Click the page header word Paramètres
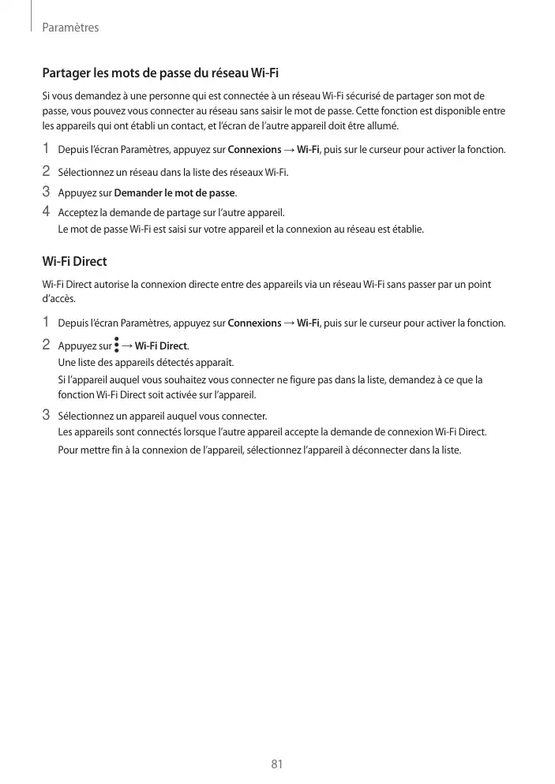click(x=70, y=28)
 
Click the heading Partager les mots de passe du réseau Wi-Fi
click(x=160, y=74)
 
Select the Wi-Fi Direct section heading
click(x=74, y=261)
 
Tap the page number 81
click(x=277, y=763)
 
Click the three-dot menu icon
click(x=117, y=345)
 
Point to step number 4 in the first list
click(x=46, y=211)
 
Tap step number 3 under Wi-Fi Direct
click(x=46, y=415)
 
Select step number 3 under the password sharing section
click(x=46, y=192)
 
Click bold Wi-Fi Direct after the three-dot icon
click(x=161, y=346)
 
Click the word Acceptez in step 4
click(x=77, y=213)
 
